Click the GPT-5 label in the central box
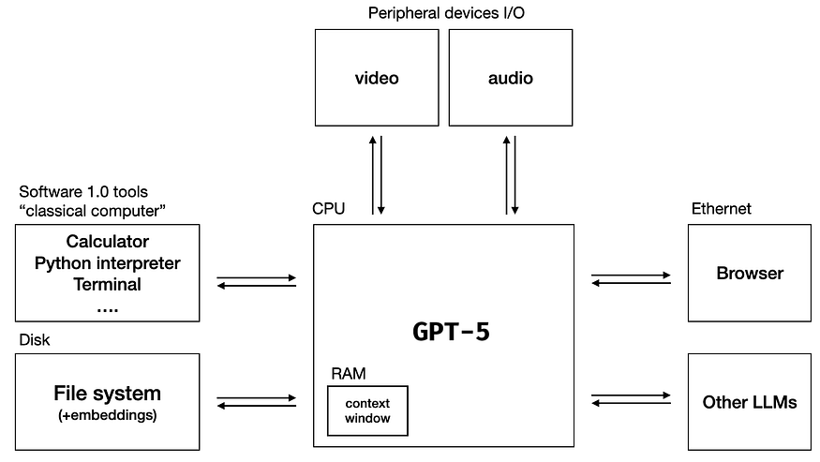pos(451,332)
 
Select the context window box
pos(367,410)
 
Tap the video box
pos(376,78)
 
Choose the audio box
pos(511,78)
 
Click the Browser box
pos(750,274)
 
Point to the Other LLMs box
pos(750,402)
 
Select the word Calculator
pos(108,242)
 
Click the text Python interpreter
pos(108,263)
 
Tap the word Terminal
pos(108,284)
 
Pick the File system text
pos(108,394)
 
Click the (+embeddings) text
pos(108,415)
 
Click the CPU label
pos(328,209)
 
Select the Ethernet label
pos(721,209)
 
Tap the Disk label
pos(35,339)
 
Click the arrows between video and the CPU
pos(377,175)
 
